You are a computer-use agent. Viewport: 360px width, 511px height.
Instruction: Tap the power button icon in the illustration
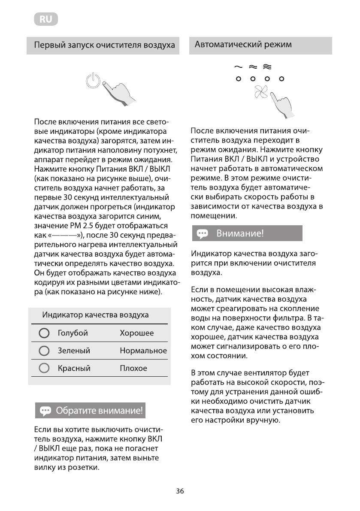coord(93,80)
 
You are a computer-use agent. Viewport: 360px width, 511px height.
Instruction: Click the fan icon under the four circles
coord(260,92)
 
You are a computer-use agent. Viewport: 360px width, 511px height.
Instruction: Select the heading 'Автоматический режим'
coord(243,45)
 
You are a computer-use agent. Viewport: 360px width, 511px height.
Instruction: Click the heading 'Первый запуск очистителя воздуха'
coord(101,45)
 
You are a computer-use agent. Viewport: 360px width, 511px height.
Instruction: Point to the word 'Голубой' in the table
coord(73,333)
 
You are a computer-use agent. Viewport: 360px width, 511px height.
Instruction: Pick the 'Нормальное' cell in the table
coord(143,351)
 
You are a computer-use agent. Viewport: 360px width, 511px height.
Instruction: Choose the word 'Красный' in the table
coord(74,369)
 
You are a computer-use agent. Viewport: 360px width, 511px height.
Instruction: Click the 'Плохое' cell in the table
coord(133,369)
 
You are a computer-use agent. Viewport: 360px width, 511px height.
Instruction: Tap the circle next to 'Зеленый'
coord(44,351)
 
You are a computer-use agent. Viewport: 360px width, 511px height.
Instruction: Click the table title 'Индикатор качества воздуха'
coord(95,315)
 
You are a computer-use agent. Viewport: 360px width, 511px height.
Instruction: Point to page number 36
coord(180,492)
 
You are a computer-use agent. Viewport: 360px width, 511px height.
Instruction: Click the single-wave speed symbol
coord(238,67)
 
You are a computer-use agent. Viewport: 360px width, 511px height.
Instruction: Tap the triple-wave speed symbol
coord(267,67)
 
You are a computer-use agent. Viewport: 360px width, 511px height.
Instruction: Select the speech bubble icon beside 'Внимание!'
coord(202,234)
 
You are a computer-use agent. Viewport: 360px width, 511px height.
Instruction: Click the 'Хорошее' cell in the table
coord(136,333)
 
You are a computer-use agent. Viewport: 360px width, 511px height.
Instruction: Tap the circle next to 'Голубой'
coord(44,333)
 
